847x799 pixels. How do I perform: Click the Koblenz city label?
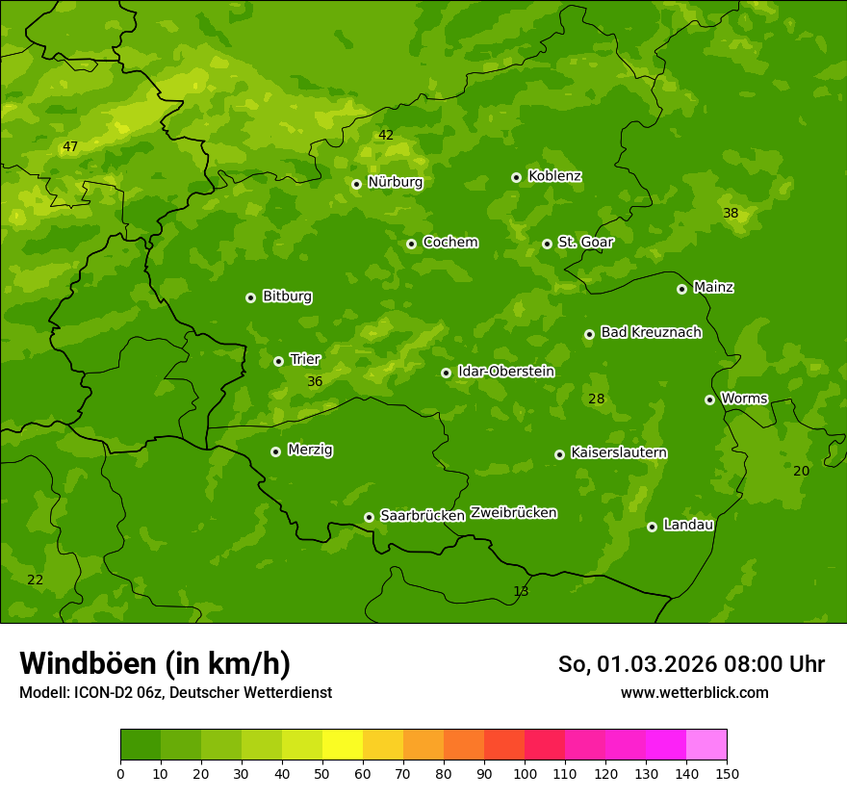pos(554,176)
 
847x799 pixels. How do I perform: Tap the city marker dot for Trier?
pos(278,361)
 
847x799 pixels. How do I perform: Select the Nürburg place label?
pos(395,182)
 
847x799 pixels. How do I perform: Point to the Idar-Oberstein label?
pos(505,372)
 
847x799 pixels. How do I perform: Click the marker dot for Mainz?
pos(681,289)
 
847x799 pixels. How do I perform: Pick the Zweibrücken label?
pos(513,513)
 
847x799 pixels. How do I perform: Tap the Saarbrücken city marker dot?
pos(369,517)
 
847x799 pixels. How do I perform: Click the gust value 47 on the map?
pos(70,147)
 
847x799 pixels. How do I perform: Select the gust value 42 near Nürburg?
pos(386,136)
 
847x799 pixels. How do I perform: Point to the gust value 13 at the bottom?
pos(521,591)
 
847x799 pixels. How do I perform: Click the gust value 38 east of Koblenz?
pos(731,214)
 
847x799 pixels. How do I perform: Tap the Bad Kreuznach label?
pos(651,332)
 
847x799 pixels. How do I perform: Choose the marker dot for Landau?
pos(652,527)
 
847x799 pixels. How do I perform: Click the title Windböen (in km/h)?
pos(155,663)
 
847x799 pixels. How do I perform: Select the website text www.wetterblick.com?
pos(694,692)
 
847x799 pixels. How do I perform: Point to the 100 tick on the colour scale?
pos(525,773)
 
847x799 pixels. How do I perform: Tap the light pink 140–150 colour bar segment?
pos(706,745)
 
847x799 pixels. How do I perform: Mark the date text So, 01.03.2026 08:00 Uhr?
pos(691,664)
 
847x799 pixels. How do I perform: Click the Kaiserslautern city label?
pos(618,452)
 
